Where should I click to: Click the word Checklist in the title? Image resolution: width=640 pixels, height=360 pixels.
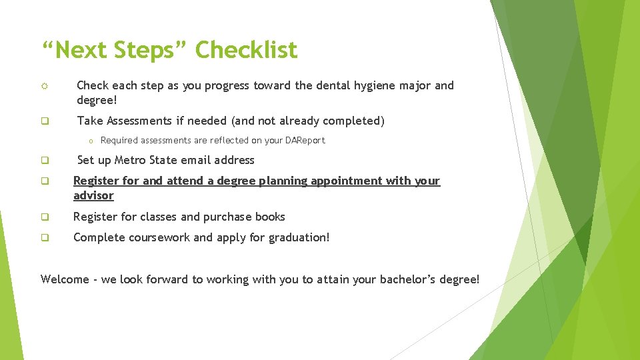pos(247,50)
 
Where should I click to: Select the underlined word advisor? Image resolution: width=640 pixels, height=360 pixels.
pos(93,195)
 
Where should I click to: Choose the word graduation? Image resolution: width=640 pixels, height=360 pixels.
pos(299,237)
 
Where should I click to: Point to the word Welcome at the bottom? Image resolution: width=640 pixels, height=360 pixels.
pos(65,279)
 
